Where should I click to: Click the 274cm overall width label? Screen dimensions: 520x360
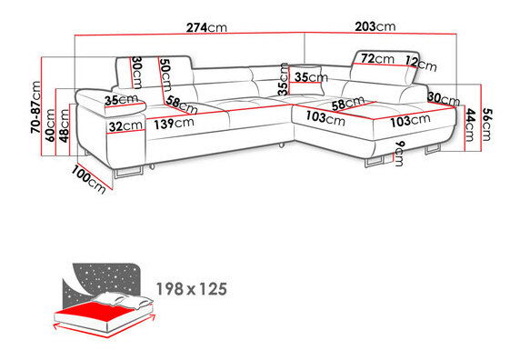[x=206, y=27]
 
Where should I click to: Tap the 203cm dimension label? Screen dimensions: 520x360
[x=375, y=26]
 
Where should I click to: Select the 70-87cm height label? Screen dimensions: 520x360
[x=35, y=107]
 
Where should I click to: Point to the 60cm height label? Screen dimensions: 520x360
[x=50, y=125]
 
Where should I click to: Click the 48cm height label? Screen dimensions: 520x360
[x=64, y=125]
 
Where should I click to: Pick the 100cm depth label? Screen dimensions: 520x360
[x=88, y=179]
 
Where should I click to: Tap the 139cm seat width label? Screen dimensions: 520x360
[x=174, y=124]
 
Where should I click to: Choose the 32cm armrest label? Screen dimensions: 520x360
[x=125, y=126]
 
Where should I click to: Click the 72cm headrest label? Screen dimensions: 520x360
[x=377, y=59]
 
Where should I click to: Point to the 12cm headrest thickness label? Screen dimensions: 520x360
[x=421, y=64]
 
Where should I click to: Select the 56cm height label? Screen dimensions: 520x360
[x=486, y=125]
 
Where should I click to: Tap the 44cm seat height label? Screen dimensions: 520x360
[x=470, y=125]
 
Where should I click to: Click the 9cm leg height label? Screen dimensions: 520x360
[x=400, y=154]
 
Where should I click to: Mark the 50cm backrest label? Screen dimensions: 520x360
[x=165, y=75]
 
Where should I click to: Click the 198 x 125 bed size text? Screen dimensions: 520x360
[x=192, y=289]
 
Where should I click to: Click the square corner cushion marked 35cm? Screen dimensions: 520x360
[x=305, y=81]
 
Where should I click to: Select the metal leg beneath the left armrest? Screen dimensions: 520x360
[x=127, y=173]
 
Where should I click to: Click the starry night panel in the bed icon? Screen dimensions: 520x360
[x=106, y=279]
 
